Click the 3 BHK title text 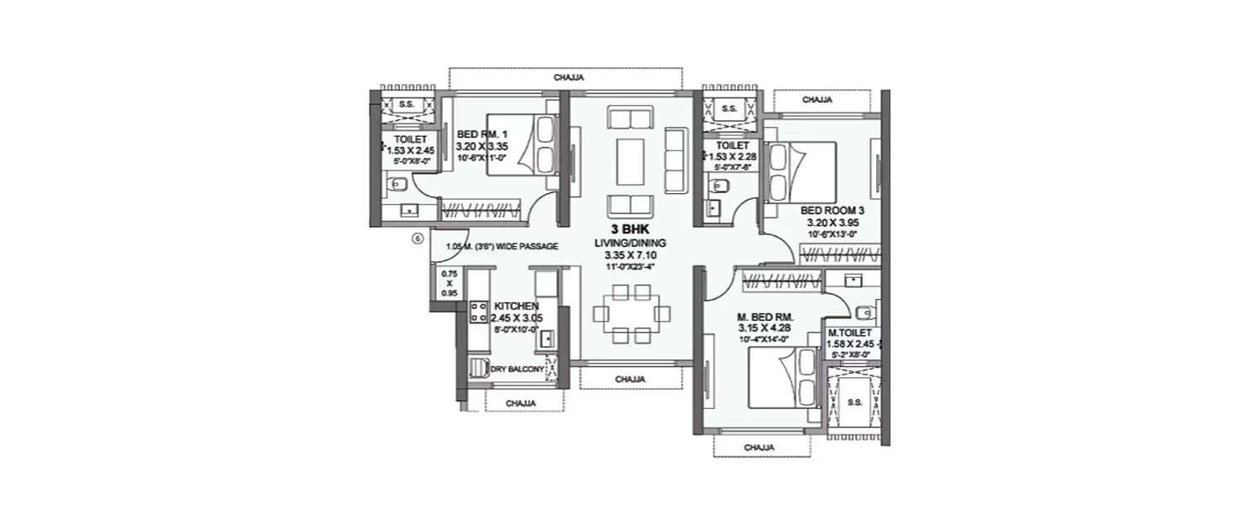click(x=629, y=228)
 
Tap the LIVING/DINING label click(x=629, y=243)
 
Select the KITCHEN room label click(x=516, y=307)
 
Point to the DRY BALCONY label click(x=516, y=369)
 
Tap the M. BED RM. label click(x=759, y=317)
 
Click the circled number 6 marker click(x=417, y=239)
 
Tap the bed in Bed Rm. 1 click(x=522, y=145)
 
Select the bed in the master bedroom click(x=781, y=380)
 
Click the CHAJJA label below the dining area click(x=629, y=380)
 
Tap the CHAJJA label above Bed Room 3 click(x=816, y=100)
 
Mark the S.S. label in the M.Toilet click(x=855, y=402)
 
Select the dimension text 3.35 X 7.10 click(x=629, y=255)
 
